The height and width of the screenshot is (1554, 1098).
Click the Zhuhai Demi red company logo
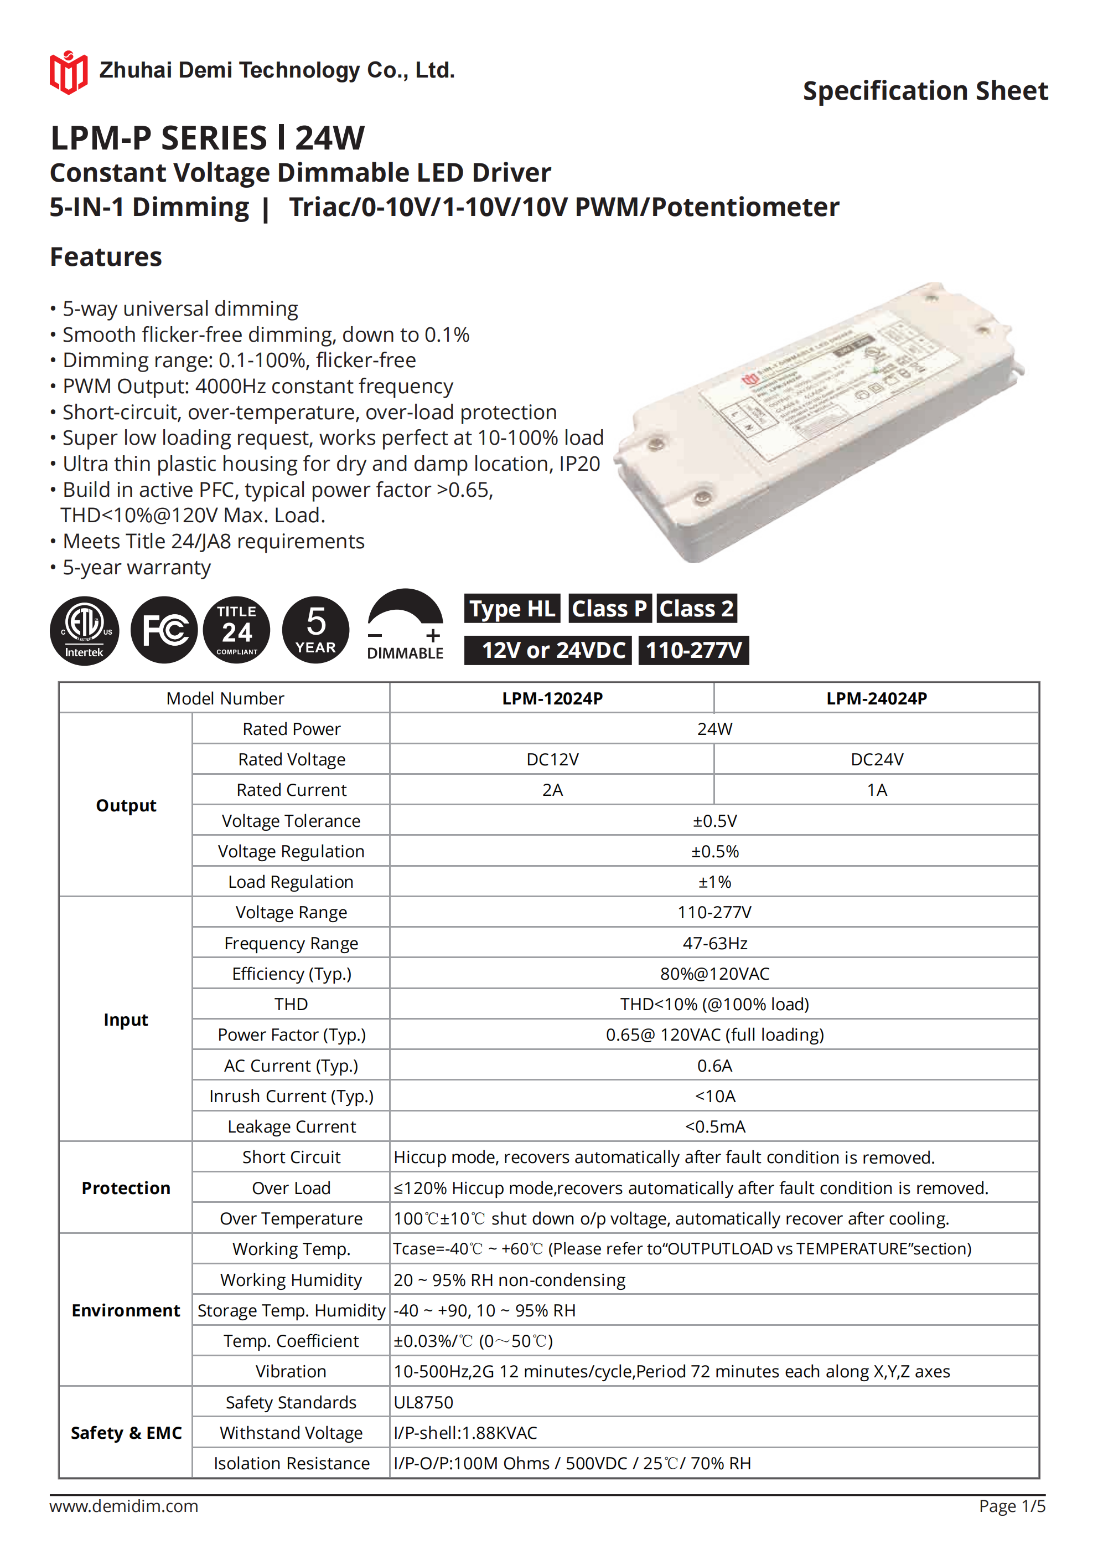pos(68,72)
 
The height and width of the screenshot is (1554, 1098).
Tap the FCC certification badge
pos(164,630)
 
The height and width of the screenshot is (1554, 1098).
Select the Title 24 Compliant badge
pos(236,630)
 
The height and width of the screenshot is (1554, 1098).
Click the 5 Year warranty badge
pos(315,630)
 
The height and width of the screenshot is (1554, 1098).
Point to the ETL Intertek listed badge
pos(85,630)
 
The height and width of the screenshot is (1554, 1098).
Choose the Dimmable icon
pos(405,625)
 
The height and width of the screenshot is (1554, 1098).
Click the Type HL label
pos(512,609)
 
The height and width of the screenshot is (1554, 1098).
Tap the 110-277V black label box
pos(693,650)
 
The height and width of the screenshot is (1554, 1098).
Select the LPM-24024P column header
pos(876,698)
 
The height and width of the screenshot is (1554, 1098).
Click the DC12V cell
pos(552,759)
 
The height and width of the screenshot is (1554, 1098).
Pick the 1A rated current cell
pos(876,790)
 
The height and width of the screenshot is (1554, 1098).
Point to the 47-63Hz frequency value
pos(714,943)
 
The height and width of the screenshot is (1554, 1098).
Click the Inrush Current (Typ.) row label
pos(291,1096)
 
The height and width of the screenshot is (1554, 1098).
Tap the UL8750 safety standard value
pos(423,1402)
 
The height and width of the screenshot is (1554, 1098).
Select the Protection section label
pos(126,1188)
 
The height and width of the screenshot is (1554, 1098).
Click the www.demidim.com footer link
pos(124,1505)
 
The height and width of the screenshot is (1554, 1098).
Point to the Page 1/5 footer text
pos(1012,1505)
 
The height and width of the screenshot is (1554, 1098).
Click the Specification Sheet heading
pos(925,91)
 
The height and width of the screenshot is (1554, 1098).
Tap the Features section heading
pos(106,257)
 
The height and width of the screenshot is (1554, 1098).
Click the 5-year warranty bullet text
pos(137,567)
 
